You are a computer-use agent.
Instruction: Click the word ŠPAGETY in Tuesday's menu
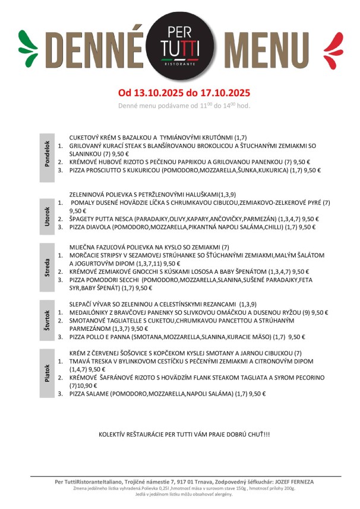[83, 219]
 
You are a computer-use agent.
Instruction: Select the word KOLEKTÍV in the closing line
[113, 435]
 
